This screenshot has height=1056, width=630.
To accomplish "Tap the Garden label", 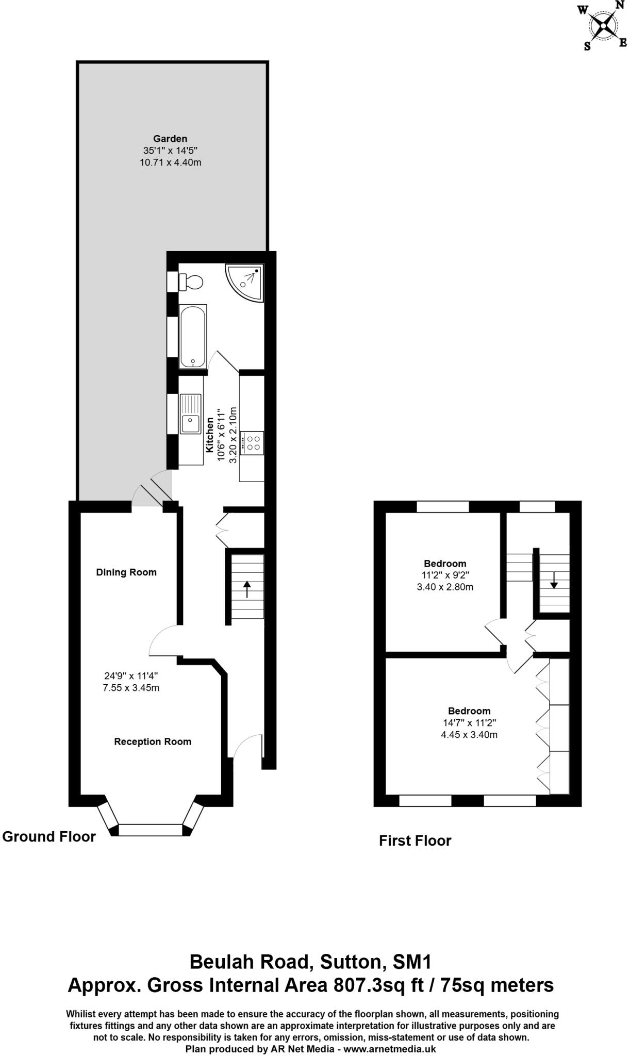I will tap(170, 139).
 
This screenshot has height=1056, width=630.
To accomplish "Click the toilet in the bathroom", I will tap(191, 282).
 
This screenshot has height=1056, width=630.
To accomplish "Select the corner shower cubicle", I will tap(245, 282).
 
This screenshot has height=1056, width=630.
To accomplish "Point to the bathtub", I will tap(193, 336).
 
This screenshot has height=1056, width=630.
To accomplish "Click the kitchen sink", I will tap(190, 414).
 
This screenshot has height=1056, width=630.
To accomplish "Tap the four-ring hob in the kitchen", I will tap(253, 442).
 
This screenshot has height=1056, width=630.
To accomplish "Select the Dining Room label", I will tap(126, 572).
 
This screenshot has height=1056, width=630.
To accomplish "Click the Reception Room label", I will tap(153, 742).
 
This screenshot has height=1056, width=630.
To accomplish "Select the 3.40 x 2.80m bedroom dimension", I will tap(445, 587).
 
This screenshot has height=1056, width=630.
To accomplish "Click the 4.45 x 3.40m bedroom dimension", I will tap(469, 735).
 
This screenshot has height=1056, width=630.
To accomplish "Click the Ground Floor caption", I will tap(49, 836).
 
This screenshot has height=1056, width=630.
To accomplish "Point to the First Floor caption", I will tap(415, 841).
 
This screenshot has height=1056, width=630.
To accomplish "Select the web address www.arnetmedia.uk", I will tap(390, 1049).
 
